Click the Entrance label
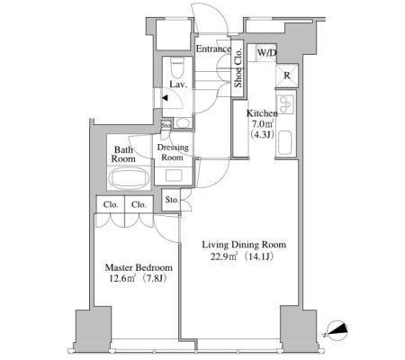[213, 49]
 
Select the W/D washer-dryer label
[266, 53]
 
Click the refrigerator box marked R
[287, 76]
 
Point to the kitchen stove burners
[285, 104]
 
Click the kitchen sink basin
[285, 143]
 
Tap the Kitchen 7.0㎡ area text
[262, 123]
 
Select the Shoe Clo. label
[238, 67]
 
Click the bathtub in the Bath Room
[129, 178]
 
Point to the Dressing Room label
[173, 152]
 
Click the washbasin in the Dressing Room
[174, 175]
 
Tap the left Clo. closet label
[111, 205]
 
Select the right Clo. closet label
[139, 205]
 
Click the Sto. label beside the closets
[172, 200]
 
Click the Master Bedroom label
[139, 267]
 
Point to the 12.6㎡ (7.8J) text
[138, 278]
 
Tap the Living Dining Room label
[244, 245]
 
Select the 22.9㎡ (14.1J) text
[242, 256]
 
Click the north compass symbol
[337, 331]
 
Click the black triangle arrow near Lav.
[165, 98]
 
